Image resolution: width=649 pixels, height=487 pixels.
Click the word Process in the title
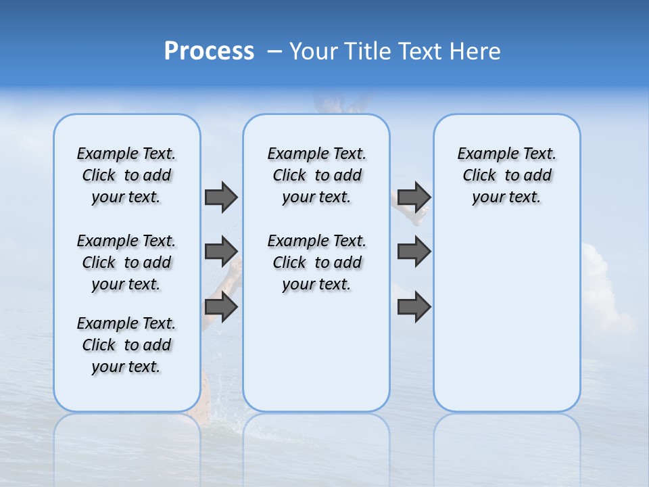pyautogui.click(x=209, y=51)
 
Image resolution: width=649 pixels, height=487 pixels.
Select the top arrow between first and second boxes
pyautogui.click(x=220, y=197)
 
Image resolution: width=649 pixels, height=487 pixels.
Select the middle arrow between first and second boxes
pyautogui.click(x=220, y=252)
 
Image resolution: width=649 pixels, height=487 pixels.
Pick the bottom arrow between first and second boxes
pyautogui.click(x=220, y=307)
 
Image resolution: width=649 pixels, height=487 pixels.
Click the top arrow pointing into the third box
pyautogui.click(x=414, y=197)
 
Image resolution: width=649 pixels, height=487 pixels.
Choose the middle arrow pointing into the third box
pyautogui.click(x=414, y=252)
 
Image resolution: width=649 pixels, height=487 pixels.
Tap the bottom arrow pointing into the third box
pyautogui.click(x=414, y=307)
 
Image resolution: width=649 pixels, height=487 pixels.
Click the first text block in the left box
pyautogui.click(x=126, y=175)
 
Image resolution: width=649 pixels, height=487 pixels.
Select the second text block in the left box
pyautogui.click(x=126, y=262)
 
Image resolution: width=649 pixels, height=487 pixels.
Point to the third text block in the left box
pyautogui.click(x=126, y=345)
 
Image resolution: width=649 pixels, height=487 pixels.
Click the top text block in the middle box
pyautogui.click(x=316, y=175)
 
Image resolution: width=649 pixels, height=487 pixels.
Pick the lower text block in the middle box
pyautogui.click(x=316, y=262)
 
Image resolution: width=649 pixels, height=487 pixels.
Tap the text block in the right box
pyautogui.click(x=506, y=175)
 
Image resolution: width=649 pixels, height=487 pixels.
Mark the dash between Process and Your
pyautogui.click(x=274, y=51)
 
